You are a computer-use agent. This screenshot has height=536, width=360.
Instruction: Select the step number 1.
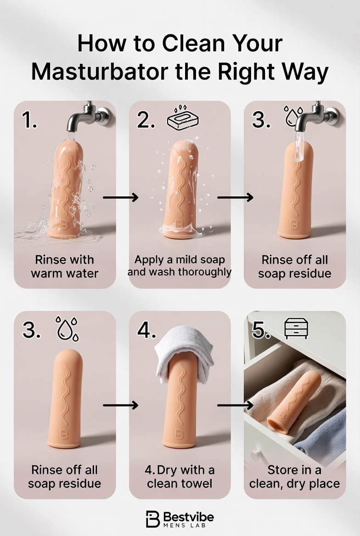click(x=29, y=120)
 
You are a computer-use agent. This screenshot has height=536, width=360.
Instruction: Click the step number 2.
click(x=146, y=120)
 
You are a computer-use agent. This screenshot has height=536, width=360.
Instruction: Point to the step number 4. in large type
click(x=146, y=330)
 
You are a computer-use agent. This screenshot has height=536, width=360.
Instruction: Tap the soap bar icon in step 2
click(x=183, y=119)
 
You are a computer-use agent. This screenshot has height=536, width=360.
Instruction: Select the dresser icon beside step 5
click(x=296, y=329)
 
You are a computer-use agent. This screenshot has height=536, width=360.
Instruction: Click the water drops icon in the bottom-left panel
click(x=67, y=329)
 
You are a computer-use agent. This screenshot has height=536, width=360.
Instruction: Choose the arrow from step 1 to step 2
click(x=120, y=197)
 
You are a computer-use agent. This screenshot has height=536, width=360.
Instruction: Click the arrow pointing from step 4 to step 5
click(x=236, y=405)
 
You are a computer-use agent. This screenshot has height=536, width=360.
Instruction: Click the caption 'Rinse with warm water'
click(x=64, y=267)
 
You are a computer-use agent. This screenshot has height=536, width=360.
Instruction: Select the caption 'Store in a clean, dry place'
click(x=295, y=477)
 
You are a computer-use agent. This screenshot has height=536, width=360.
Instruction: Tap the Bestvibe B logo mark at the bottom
click(x=152, y=519)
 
